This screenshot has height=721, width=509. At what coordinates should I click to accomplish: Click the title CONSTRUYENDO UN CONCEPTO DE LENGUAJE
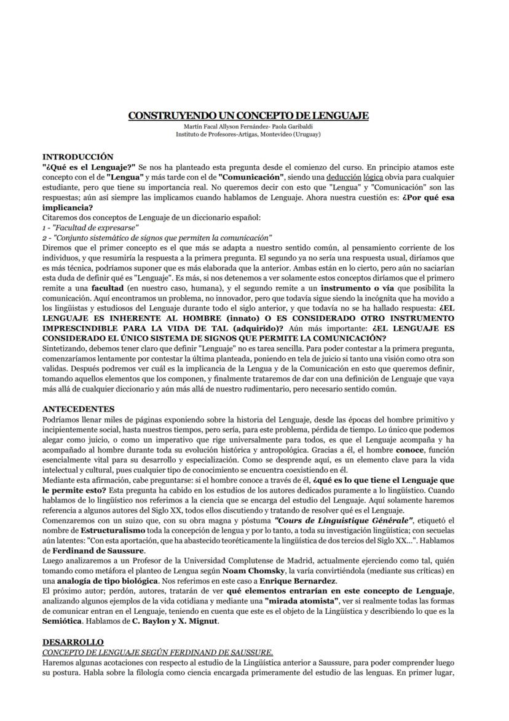pyautogui.click(x=248, y=115)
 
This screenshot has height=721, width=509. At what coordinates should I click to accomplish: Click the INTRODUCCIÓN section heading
pyautogui.click(x=78, y=157)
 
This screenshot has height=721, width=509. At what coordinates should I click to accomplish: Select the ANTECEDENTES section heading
pyautogui.click(x=78, y=409)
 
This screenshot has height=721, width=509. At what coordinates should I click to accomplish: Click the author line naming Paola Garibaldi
pyautogui.click(x=248, y=126)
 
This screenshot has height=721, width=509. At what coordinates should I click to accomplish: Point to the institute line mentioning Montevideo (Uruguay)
pyautogui.click(x=248, y=134)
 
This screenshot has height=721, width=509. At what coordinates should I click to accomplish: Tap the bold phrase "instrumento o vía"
pyautogui.click(x=356, y=288)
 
